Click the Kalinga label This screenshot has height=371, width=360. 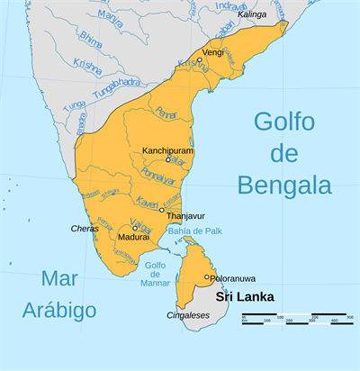pyautogui.click(x=253, y=15)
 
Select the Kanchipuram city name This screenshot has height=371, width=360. pyautogui.click(x=168, y=149)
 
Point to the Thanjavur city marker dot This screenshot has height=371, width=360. pyautogui.click(x=161, y=210)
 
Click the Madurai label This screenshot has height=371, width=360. pyautogui.click(x=133, y=237)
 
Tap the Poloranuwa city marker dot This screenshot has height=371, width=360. pyautogui.click(x=206, y=277)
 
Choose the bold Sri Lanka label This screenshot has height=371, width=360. pyautogui.click(x=243, y=295)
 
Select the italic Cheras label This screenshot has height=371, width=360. pyautogui.click(x=85, y=229)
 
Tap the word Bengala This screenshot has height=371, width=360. pyautogui.click(x=284, y=185)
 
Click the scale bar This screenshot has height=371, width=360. pyautogui.click(x=296, y=318)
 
